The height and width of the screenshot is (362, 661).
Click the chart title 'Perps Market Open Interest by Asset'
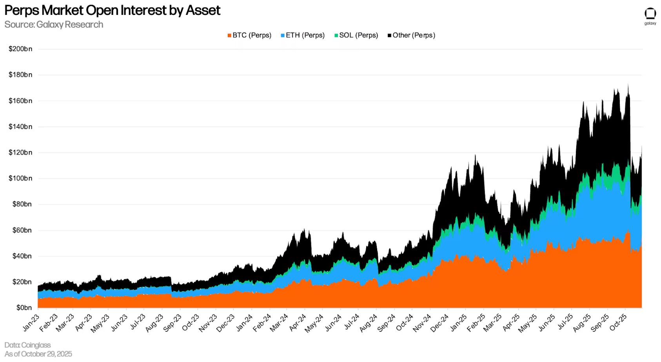point(112,10)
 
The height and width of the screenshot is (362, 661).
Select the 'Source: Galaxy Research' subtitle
point(54,24)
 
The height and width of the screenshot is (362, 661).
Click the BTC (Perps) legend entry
point(249,35)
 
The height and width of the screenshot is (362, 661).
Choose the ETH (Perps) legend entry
point(303,35)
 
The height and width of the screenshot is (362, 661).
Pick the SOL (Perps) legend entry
point(356,35)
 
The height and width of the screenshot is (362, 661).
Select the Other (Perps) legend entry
point(411,35)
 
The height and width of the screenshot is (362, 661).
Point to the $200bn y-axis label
point(20,49)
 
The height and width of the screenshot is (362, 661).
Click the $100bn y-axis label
point(20,178)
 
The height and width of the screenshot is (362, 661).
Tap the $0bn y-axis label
point(24,308)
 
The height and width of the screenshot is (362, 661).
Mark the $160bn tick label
point(20,101)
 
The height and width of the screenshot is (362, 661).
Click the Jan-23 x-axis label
point(31,322)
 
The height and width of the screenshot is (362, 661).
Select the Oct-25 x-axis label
point(618,322)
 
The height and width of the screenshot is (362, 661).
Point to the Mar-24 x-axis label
point(279,323)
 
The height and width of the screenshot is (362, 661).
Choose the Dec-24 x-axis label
point(439,323)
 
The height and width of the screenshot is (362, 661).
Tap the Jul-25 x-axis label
point(565,322)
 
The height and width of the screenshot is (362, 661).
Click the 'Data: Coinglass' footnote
point(27,345)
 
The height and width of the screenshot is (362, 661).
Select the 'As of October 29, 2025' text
point(38,354)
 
